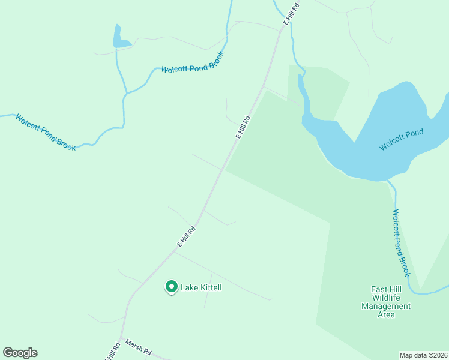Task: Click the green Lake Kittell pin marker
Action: tap(171, 287)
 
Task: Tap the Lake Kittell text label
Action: tap(202, 288)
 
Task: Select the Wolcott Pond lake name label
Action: tap(401, 140)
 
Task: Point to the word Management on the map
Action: tap(386, 306)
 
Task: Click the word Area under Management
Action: tap(386, 314)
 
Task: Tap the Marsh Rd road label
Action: tap(138, 348)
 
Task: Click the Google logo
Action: tap(20, 353)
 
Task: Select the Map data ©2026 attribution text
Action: tap(423, 355)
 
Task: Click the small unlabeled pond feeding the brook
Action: tap(119, 39)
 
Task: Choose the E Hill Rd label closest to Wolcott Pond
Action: tap(243, 127)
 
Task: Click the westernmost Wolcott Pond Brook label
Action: tap(46, 132)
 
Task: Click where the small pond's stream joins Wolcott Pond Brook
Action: tap(126, 94)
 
